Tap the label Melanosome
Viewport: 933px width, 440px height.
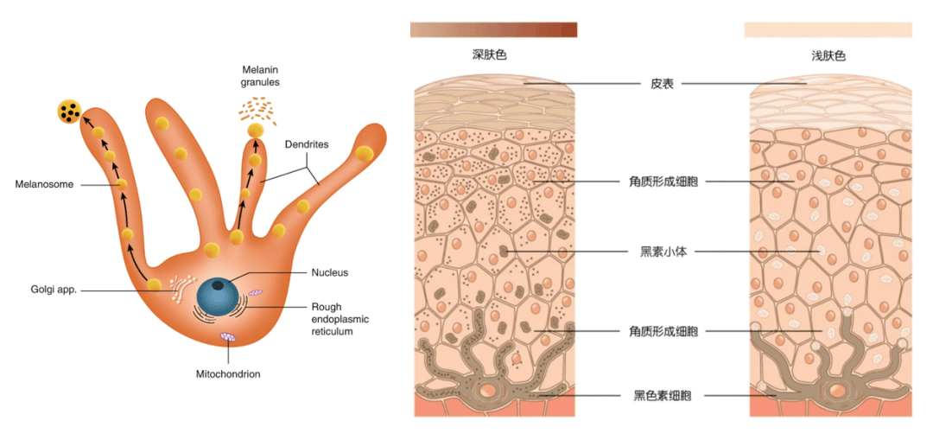point(44,184)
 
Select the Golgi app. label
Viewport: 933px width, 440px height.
point(54,290)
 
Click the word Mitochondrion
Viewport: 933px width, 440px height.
point(228,374)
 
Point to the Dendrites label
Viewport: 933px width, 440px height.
point(307,144)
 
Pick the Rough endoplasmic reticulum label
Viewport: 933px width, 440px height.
point(340,319)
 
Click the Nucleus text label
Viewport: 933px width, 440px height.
point(329,272)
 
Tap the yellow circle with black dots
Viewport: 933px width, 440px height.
point(70,112)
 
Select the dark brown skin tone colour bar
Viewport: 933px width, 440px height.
point(493,30)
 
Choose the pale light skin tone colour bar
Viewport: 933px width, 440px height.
point(828,30)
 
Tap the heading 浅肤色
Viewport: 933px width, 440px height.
point(828,55)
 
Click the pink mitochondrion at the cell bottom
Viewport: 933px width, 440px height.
point(228,335)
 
